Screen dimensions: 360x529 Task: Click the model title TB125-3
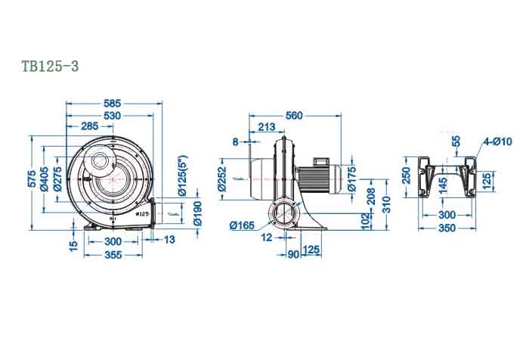tap(51, 67)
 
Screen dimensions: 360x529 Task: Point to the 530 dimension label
tap(112, 114)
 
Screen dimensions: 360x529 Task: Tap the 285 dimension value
tap(89, 126)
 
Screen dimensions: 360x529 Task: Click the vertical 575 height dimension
tap(32, 179)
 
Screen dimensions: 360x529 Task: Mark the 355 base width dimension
tap(113, 254)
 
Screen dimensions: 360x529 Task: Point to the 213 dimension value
tap(266, 127)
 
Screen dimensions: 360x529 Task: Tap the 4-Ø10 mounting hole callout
tap(498, 141)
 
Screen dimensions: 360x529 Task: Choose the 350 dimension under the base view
tap(447, 228)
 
